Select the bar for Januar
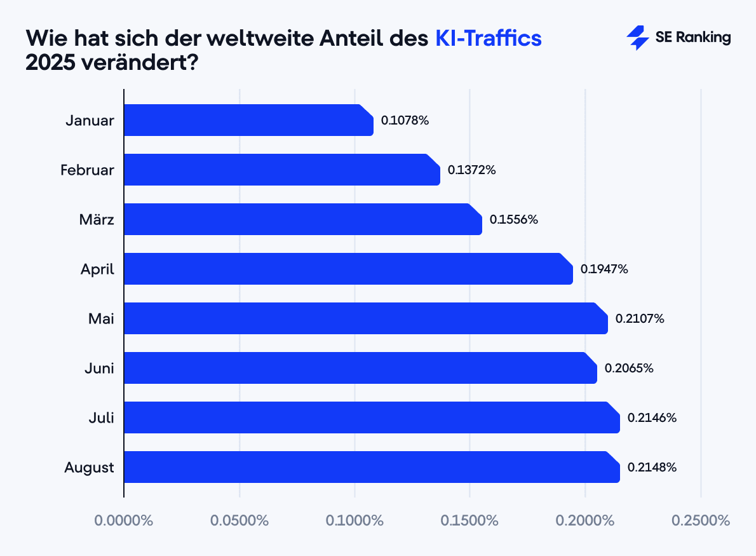point(248,120)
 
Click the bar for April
point(348,269)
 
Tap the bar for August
point(372,467)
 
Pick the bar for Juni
point(360,368)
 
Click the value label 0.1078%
point(405,120)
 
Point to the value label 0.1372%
point(471,170)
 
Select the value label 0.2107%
point(640,318)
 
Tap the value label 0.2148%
point(652,467)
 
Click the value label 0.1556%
point(514,219)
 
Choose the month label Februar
point(88,170)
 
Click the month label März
point(97,219)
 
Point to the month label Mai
point(101,318)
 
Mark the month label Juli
point(101,417)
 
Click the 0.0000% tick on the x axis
point(124,520)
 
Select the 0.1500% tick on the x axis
point(470,520)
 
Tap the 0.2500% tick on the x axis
point(701,520)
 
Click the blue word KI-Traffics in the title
point(488,38)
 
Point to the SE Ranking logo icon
point(637,38)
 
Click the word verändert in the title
point(133,64)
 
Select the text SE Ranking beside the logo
point(693,37)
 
